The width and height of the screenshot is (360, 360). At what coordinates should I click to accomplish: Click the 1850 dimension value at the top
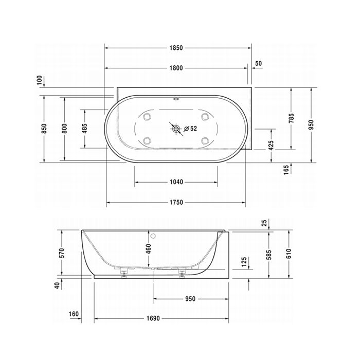(176, 48)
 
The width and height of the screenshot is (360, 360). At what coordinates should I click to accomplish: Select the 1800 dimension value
(176, 68)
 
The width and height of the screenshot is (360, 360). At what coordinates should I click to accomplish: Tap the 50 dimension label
(258, 63)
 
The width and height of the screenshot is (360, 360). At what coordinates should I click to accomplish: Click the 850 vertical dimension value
(44, 128)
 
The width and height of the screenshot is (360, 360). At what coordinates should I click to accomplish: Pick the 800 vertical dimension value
(65, 128)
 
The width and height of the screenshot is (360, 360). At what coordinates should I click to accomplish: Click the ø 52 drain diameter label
(190, 129)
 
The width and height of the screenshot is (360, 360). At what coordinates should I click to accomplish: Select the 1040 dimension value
(176, 182)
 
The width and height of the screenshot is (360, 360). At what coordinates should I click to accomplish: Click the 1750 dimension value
(176, 202)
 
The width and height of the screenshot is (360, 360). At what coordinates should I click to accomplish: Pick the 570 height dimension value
(61, 253)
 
